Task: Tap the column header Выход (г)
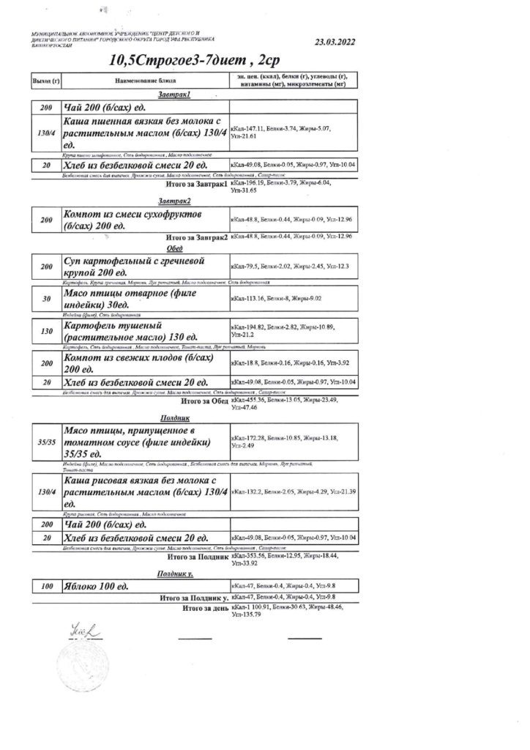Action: [45, 80]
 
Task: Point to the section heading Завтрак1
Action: [174, 95]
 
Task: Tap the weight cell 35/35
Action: [45, 442]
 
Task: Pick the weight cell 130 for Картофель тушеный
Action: [45, 331]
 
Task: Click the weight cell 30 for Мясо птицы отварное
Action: [45, 298]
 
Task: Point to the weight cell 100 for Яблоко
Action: [45, 587]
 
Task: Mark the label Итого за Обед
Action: [204, 401]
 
